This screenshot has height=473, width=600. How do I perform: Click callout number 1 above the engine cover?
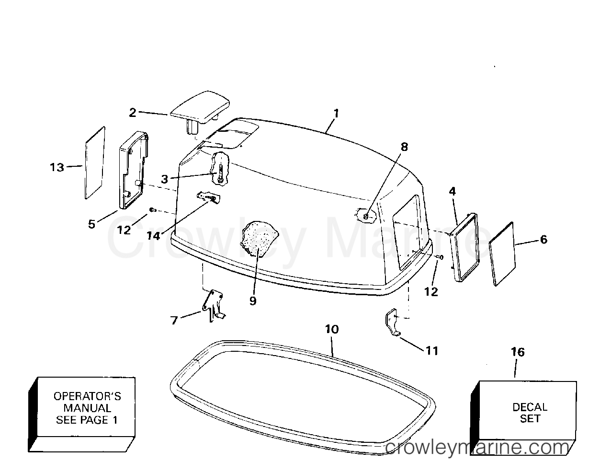point(336,114)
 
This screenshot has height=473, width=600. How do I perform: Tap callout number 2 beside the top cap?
point(133,113)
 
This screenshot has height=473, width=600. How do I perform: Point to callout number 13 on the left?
point(57,167)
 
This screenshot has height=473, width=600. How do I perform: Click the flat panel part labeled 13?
point(95,162)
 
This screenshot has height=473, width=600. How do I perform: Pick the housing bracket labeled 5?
point(134,170)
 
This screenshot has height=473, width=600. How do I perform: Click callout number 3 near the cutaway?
point(165,179)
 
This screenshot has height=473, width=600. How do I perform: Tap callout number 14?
point(154,236)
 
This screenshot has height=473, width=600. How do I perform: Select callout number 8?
point(404,147)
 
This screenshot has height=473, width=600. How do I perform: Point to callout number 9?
point(253,301)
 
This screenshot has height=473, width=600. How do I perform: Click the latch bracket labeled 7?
point(213,306)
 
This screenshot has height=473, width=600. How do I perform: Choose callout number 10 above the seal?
point(332,329)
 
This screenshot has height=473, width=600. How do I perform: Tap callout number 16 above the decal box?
point(518,352)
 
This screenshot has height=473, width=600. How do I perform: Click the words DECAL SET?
point(530,413)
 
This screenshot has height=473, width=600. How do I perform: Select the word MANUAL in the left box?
point(87,408)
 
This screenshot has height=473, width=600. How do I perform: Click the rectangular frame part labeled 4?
point(464,248)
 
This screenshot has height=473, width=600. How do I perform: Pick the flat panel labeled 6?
point(502,254)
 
